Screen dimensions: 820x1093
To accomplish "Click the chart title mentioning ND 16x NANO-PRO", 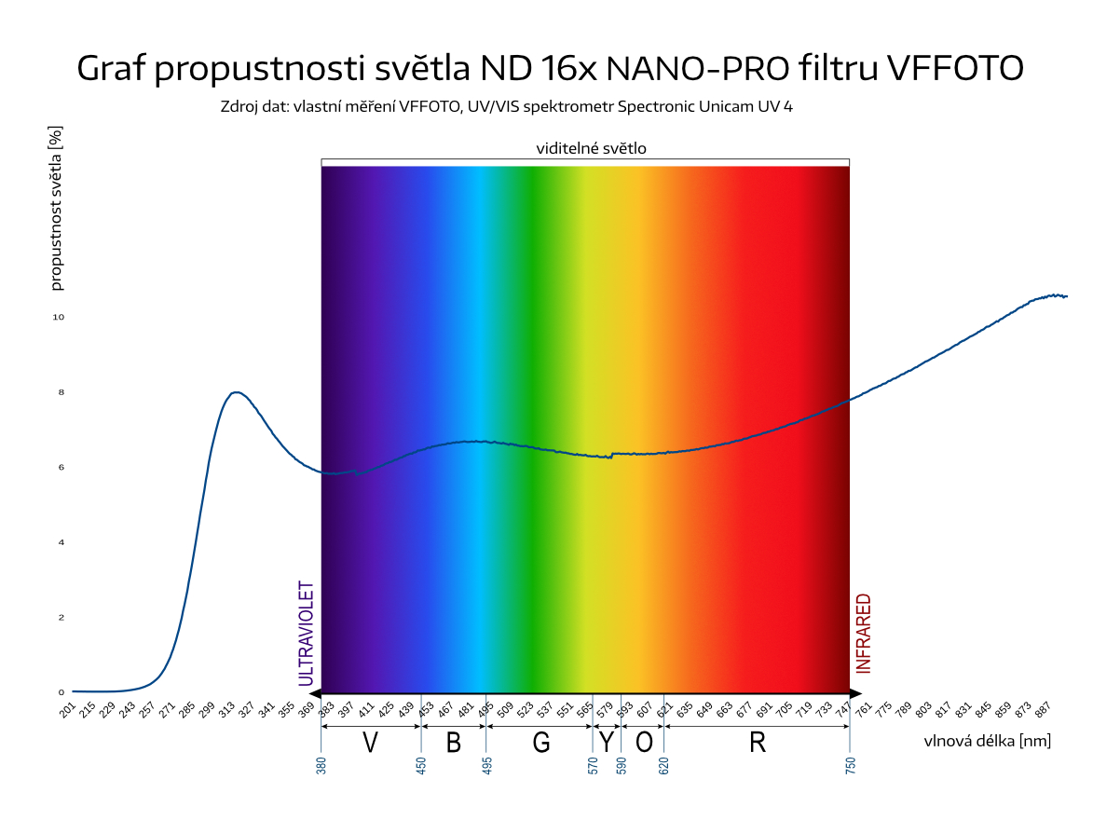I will pos(550,68).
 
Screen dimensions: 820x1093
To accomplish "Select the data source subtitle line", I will pos(507,106).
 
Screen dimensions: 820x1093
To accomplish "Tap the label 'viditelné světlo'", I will pos(591,148).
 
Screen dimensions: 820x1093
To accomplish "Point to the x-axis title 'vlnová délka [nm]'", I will pos(988,741).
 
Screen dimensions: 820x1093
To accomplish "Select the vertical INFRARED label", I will pos(864,634).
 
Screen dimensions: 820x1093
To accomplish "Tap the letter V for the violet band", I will pos(370,743).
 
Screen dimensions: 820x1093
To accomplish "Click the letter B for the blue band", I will pos(454,743).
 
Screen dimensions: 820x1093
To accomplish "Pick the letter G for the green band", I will pos(541,743).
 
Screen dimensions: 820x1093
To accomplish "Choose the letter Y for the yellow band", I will pos(607,743).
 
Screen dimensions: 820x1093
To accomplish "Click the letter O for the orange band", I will pos(643,743).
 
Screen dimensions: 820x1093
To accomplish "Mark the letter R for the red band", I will pos(757,743).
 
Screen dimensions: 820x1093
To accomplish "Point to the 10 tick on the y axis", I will pos(58,317).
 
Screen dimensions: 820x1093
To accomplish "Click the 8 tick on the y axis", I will pos(61,392).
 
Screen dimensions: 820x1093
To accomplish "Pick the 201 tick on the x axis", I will pos(67,711).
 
